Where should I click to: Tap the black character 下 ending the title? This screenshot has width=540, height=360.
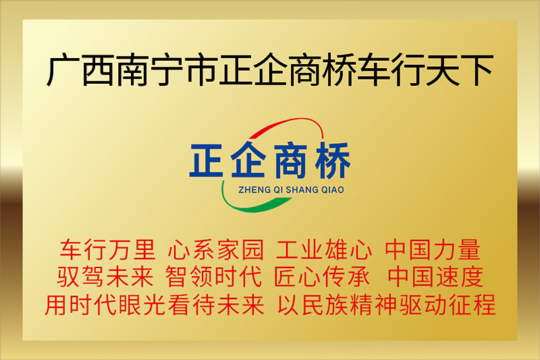coord(477,70)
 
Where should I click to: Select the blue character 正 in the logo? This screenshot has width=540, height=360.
coord(207,161)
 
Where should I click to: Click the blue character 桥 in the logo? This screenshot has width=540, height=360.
coord(333,161)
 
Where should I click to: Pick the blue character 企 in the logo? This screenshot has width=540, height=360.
coord(248,160)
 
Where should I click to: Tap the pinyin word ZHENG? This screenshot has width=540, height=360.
coord(250,190)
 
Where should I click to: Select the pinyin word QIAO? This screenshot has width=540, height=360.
coord(333,190)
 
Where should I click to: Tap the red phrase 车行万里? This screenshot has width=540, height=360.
coord(107,249)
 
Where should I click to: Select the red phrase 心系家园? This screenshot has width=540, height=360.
coord(216,249)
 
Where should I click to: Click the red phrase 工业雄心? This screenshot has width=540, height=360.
coord(324,249)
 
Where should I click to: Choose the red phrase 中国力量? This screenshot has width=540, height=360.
coord(433,249)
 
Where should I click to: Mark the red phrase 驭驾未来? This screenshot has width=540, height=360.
coord(105,276)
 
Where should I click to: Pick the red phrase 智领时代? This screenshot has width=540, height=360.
coord(213,276)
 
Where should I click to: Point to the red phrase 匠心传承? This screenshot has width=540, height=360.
coord(322,276)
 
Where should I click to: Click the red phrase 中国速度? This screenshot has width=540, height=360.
coord(435,276)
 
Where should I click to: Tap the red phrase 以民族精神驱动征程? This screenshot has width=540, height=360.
coord(386,305)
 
